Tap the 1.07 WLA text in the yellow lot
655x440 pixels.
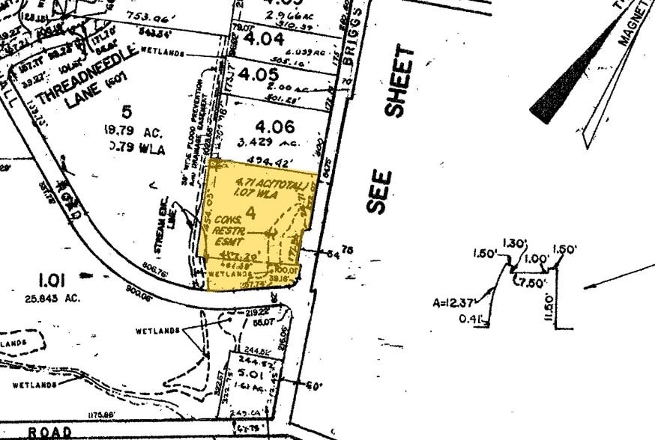tap(257, 194)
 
